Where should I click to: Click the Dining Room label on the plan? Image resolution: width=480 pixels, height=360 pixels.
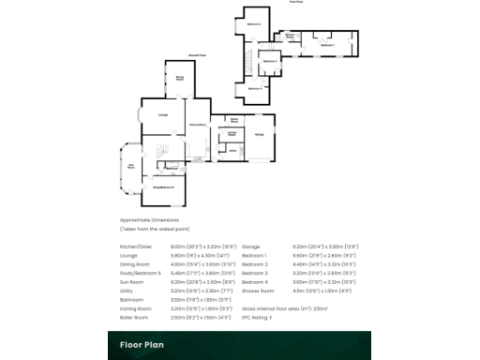coord(179,78)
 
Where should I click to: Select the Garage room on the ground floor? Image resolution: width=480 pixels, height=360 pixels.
coord(260,135)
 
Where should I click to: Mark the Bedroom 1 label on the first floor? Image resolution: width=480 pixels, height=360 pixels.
coord(327,44)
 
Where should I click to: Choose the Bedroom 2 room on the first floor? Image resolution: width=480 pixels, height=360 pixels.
coord(253,22)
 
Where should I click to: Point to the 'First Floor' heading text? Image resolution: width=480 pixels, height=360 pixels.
coord(296,3)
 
